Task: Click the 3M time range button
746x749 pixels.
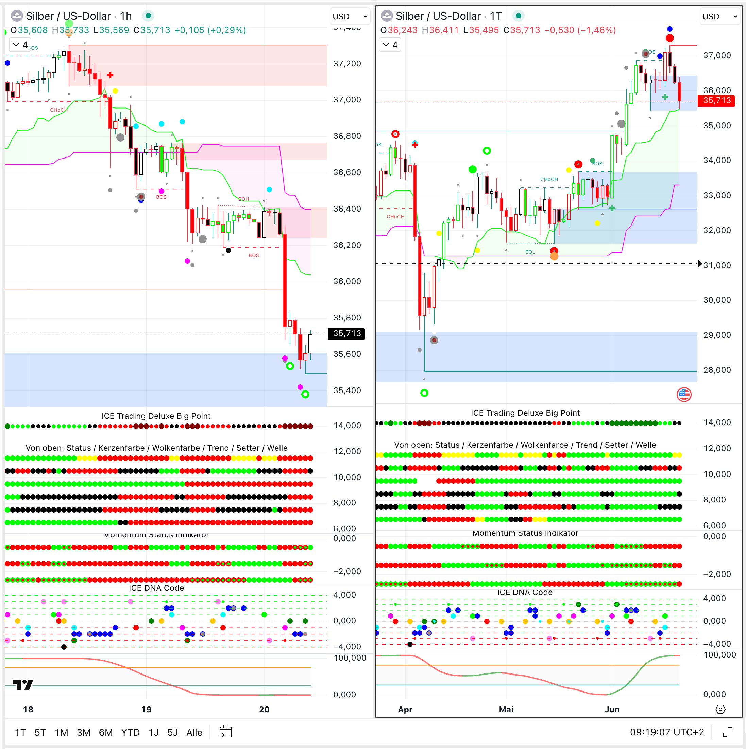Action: (83, 732)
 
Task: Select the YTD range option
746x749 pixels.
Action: (130, 732)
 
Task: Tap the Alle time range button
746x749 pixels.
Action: (194, 732)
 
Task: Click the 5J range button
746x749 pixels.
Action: (172, 732)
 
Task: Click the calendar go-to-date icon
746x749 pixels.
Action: (225, 732)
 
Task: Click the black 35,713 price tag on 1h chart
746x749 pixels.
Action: (346, 333)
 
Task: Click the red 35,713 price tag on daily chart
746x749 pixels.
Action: (716, 100)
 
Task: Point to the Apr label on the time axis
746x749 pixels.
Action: (405, 709)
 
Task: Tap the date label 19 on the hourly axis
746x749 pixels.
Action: (146, 709)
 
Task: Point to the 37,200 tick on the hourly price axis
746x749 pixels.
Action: (347, 63)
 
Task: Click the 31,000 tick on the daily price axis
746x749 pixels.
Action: (716, 265)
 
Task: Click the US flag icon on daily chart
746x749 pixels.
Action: (684, 395)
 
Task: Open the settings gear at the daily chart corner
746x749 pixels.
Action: (720, 709)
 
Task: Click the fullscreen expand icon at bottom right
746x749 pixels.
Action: (727, 732)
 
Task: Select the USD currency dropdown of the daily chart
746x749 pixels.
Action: (719, 16)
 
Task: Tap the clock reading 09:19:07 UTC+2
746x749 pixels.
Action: (666, 732)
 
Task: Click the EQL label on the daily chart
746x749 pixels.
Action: (530, 252)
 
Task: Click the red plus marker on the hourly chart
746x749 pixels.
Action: (110, 75)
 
